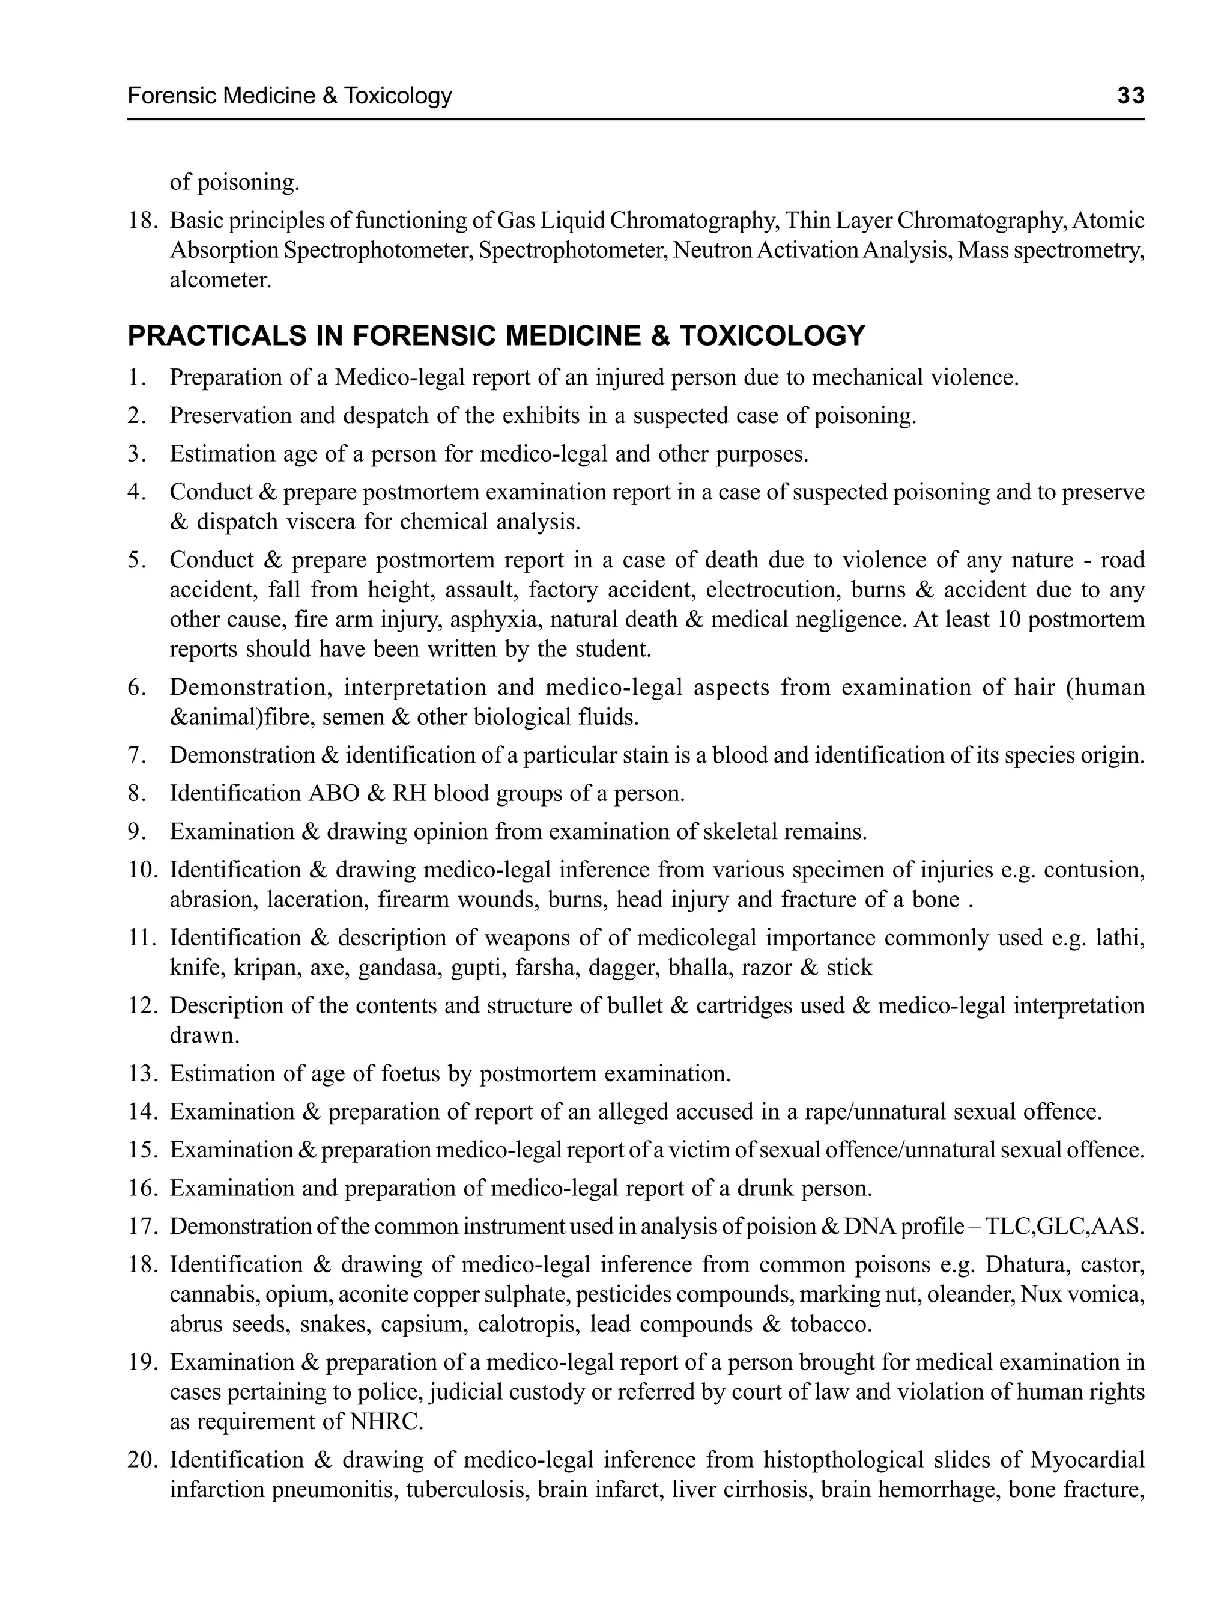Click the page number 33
click(x=1130, y=96)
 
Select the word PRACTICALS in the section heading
click(x=216, y=335)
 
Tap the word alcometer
click(x=220, y=280)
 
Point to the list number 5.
click(x=137, y=560)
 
